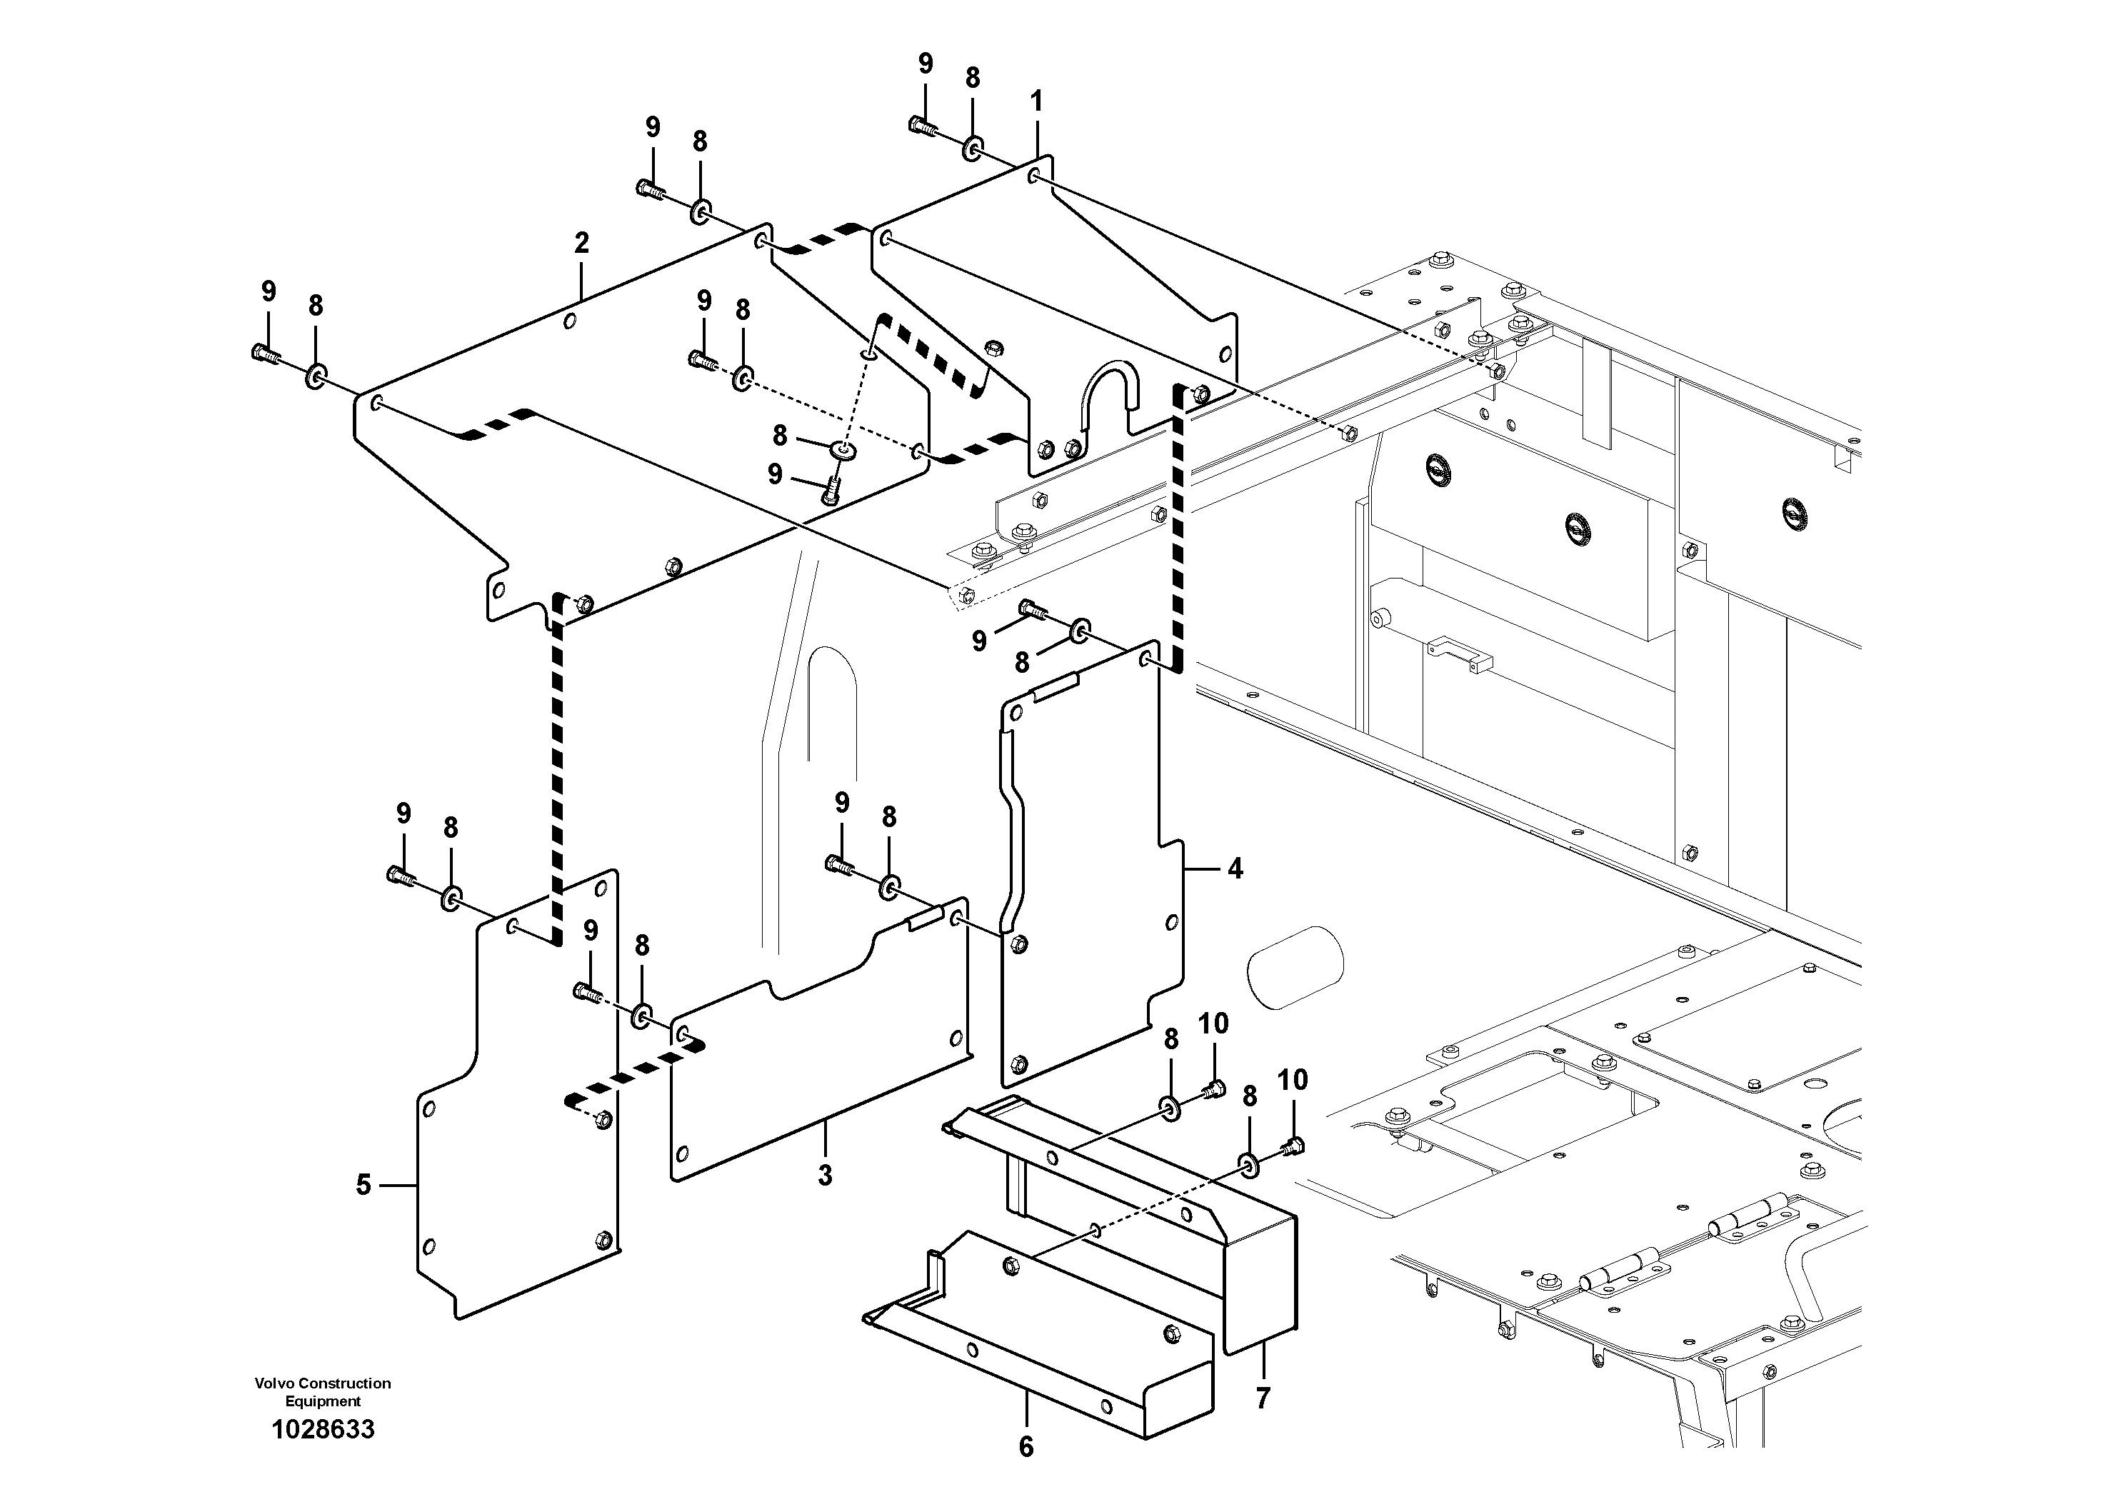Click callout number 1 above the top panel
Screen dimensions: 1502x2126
[x=1036, y=101]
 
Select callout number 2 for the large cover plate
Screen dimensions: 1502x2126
[x=581, y=244]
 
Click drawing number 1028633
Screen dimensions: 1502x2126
[x=324, y=1429]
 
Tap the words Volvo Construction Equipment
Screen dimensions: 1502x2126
[x=324, y=1392]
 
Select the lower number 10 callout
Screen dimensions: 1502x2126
[x=1293, y=1080]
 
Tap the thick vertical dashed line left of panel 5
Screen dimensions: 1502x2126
[x=558, y=768]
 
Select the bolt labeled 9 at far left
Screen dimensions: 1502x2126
[x=265, y=352]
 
